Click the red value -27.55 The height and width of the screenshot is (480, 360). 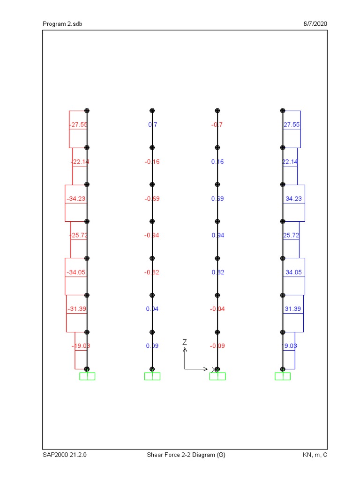pos(78,125)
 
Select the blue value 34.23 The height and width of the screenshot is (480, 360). pos(293,199)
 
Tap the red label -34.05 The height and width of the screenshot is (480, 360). pos(76,272)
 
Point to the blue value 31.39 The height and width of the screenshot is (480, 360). pos(293,309)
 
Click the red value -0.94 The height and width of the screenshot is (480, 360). pos(152,235)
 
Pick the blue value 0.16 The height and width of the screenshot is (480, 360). pos(217,162)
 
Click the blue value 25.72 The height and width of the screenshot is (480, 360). pos(291,235)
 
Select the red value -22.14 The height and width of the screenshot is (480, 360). pos(79,162)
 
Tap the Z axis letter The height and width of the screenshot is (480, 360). pos(185,343)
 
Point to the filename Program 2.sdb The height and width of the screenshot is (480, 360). pos(63,24)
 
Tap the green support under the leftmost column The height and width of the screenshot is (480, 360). pos(87,376)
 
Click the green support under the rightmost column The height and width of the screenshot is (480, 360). pos(283,376)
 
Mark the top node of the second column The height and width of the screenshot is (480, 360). pos(152,111)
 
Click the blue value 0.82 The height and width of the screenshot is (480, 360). pos(217,272)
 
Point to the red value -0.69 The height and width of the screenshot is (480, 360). pos(152,199)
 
